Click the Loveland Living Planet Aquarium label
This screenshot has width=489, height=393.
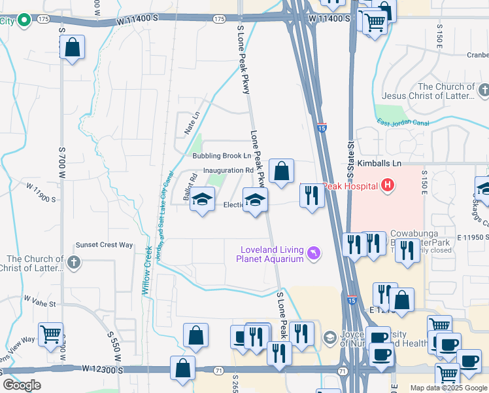click(x=272, y=254)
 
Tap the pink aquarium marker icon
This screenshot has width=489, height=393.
click(x=313, y=253)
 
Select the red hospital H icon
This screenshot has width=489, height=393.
click(x=388, y=185)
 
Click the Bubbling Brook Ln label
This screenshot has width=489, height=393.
click(x=222, y=156)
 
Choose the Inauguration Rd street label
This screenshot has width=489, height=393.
click(x=228, y=170)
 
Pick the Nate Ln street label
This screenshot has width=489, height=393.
click(x=191, y=122)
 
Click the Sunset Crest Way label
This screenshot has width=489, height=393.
click(x=105, y=245)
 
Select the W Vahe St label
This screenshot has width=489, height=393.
click(x=41, y=303)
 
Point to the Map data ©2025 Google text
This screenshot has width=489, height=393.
click(x=448, y=388)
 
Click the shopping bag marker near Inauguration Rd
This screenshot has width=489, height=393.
click(x=282, y=172)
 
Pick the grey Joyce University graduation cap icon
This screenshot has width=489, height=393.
click(x=328, y=338)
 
